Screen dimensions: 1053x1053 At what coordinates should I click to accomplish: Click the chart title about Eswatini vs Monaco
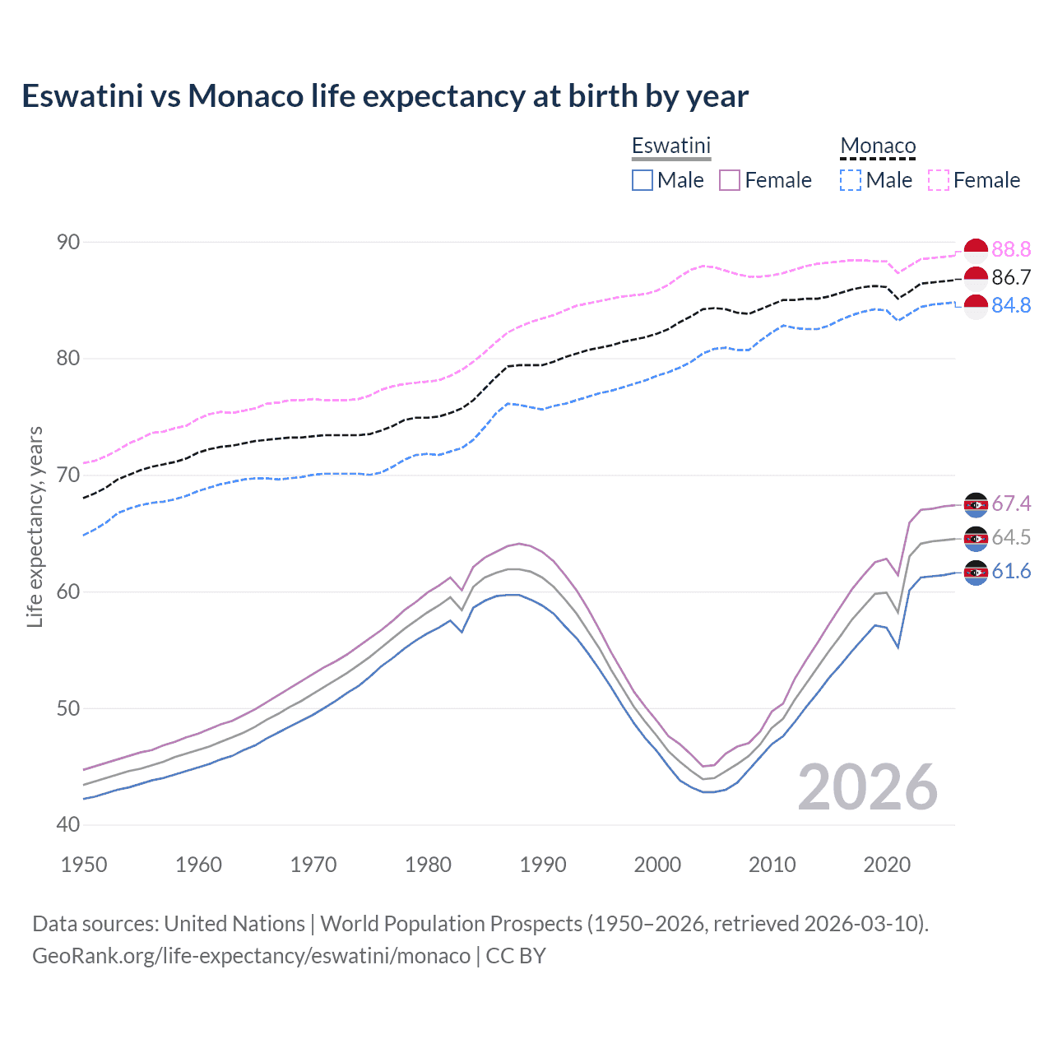coord(385,96)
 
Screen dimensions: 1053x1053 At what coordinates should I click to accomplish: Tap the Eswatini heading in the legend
coord(670,146)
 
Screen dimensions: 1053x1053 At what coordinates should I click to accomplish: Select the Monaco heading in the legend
coord(878,146)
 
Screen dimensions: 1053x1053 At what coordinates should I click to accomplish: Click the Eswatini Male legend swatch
coord(642,180)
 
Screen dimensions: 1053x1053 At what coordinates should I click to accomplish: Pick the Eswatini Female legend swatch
coord(730,180)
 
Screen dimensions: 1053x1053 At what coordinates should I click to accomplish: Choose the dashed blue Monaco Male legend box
coord(851,180)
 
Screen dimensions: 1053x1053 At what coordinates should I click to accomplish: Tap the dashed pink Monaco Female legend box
coord(939,180)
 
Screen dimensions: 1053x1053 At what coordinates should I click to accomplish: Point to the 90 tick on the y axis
coord(68,242)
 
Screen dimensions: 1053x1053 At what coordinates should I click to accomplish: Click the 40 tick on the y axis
coord(68,824)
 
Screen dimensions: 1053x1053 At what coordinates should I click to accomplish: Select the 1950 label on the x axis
coord(84,865)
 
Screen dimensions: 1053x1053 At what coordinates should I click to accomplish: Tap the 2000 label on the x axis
coord(657,865)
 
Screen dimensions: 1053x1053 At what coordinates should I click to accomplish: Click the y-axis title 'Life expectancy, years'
coord(35,526)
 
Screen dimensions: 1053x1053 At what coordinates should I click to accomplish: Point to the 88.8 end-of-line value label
coord(1011,249)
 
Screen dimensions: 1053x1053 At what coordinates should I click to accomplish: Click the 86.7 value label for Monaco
coord(1011,277)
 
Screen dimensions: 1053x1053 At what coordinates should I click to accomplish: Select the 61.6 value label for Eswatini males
coord(1011,572)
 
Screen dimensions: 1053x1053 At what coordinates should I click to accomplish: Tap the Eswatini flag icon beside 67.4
coord(976,503)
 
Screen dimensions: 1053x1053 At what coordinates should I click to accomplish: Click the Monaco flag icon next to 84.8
coord(976,305)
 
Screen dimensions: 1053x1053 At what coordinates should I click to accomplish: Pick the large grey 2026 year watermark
coord(867,787)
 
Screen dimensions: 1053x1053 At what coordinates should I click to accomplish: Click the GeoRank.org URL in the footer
coord(251,956)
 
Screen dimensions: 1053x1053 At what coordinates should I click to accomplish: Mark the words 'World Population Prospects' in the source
coord(451,924)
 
